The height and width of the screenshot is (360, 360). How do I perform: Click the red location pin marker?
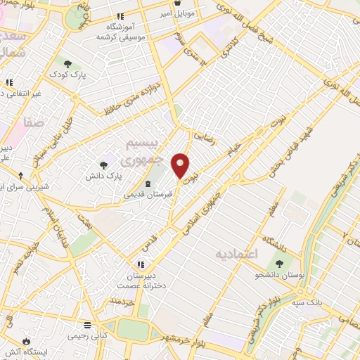click(181, 165)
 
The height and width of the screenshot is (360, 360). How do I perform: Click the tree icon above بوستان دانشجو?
click(279, 264)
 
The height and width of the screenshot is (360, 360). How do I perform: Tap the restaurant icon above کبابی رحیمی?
click(88, 325)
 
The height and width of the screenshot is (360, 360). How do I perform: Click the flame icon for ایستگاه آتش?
click(27, 340)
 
